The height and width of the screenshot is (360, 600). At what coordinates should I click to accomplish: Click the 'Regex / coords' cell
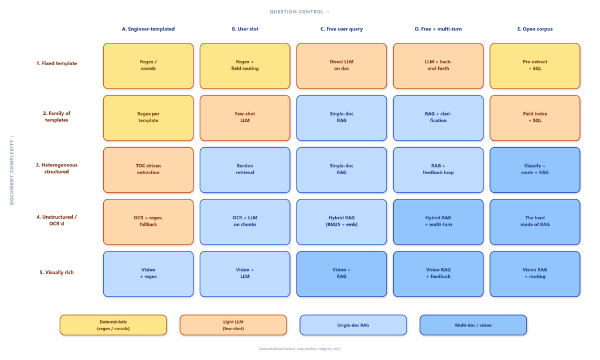click(x=148, y=66)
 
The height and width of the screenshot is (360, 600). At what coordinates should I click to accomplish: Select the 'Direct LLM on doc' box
click(x=342, y=66)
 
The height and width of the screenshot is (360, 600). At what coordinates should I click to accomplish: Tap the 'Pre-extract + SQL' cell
click(x=534, y=66)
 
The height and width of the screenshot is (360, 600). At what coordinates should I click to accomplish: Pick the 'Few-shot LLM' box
click(x=245, y=118)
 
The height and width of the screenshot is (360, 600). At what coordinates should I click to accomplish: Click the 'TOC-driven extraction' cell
click(x=148, y=169)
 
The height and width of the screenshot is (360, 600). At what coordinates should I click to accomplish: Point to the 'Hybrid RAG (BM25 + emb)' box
click(x=342, y=222)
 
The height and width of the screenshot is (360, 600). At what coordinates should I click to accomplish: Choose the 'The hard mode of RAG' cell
click(x=534, y=222)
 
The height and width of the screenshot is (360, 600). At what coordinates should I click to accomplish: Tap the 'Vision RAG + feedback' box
click(x=438, y=274)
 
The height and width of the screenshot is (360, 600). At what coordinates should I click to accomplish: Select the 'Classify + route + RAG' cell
click(x=534, y=169)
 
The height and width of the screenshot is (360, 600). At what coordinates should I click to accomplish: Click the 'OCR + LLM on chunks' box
click(x=245, y=222)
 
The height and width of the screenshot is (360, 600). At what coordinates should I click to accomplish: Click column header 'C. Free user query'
click(x=342, y=29)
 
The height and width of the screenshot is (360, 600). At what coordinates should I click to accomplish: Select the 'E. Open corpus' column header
click(x=534, y=29)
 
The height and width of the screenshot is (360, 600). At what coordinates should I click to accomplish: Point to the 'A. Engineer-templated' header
click(x=148, y=29)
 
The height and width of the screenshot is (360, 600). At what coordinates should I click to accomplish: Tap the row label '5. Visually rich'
click(x=57, y=272)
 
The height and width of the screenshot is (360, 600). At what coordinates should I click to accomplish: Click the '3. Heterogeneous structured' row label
click(x=57, y=168)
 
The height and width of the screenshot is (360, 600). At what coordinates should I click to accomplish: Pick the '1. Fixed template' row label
click(x=57, y=63)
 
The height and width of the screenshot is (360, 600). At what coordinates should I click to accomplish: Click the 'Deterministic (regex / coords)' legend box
click(x=113, y=325)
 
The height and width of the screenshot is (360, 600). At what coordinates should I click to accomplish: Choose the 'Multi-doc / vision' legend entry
click(x=473, y=325)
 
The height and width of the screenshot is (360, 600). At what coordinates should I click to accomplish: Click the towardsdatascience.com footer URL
click(x=299, y=349)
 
